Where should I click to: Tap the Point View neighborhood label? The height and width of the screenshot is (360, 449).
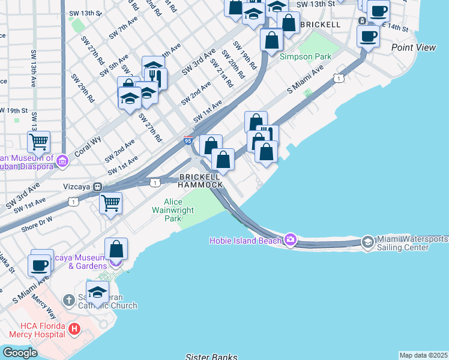point(414,47)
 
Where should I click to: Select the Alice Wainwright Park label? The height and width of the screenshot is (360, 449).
point(173,211)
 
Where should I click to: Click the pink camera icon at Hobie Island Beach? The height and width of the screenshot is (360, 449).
point(291,240)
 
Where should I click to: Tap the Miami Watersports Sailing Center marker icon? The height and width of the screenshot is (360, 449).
point(367,242)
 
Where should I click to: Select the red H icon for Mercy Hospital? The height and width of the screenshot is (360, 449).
point(74,329)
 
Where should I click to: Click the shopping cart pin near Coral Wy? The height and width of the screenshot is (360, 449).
point(38,142)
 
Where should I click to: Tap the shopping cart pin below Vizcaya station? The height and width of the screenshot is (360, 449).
point(111,203)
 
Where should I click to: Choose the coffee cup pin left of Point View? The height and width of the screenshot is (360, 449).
point(368,35)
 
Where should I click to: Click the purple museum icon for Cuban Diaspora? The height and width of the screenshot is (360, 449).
point(62,160)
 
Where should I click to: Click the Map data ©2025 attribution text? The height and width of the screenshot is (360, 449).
point(423,355)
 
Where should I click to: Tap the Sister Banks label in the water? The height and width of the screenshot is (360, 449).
point(211,356)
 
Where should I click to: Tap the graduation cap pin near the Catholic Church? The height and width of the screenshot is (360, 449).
point(97,292)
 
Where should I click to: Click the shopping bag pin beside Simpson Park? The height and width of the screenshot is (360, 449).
point(272,40)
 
